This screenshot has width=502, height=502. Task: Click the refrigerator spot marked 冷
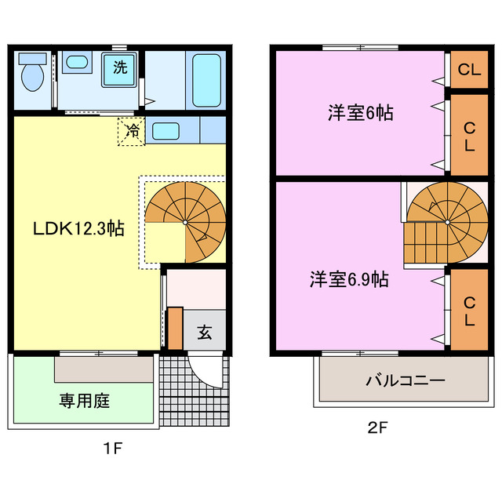[x=133, y=131]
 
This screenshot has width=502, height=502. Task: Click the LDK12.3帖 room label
[x=78, y=229]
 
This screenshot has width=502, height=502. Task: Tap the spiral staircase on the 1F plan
[x=185, y=222]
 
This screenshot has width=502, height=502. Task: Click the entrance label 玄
[x=204, y=332]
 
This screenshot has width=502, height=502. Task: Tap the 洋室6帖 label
[x=360, y=112]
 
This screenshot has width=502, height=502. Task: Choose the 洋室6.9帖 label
[x=348, y=278]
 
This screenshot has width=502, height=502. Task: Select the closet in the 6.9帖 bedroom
[x=469, y=311]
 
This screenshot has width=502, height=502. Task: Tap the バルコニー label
[x=406, y=380]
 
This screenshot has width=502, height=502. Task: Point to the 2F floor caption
[x=377, y=429]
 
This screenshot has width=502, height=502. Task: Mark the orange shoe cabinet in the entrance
[x=174, y=326]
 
